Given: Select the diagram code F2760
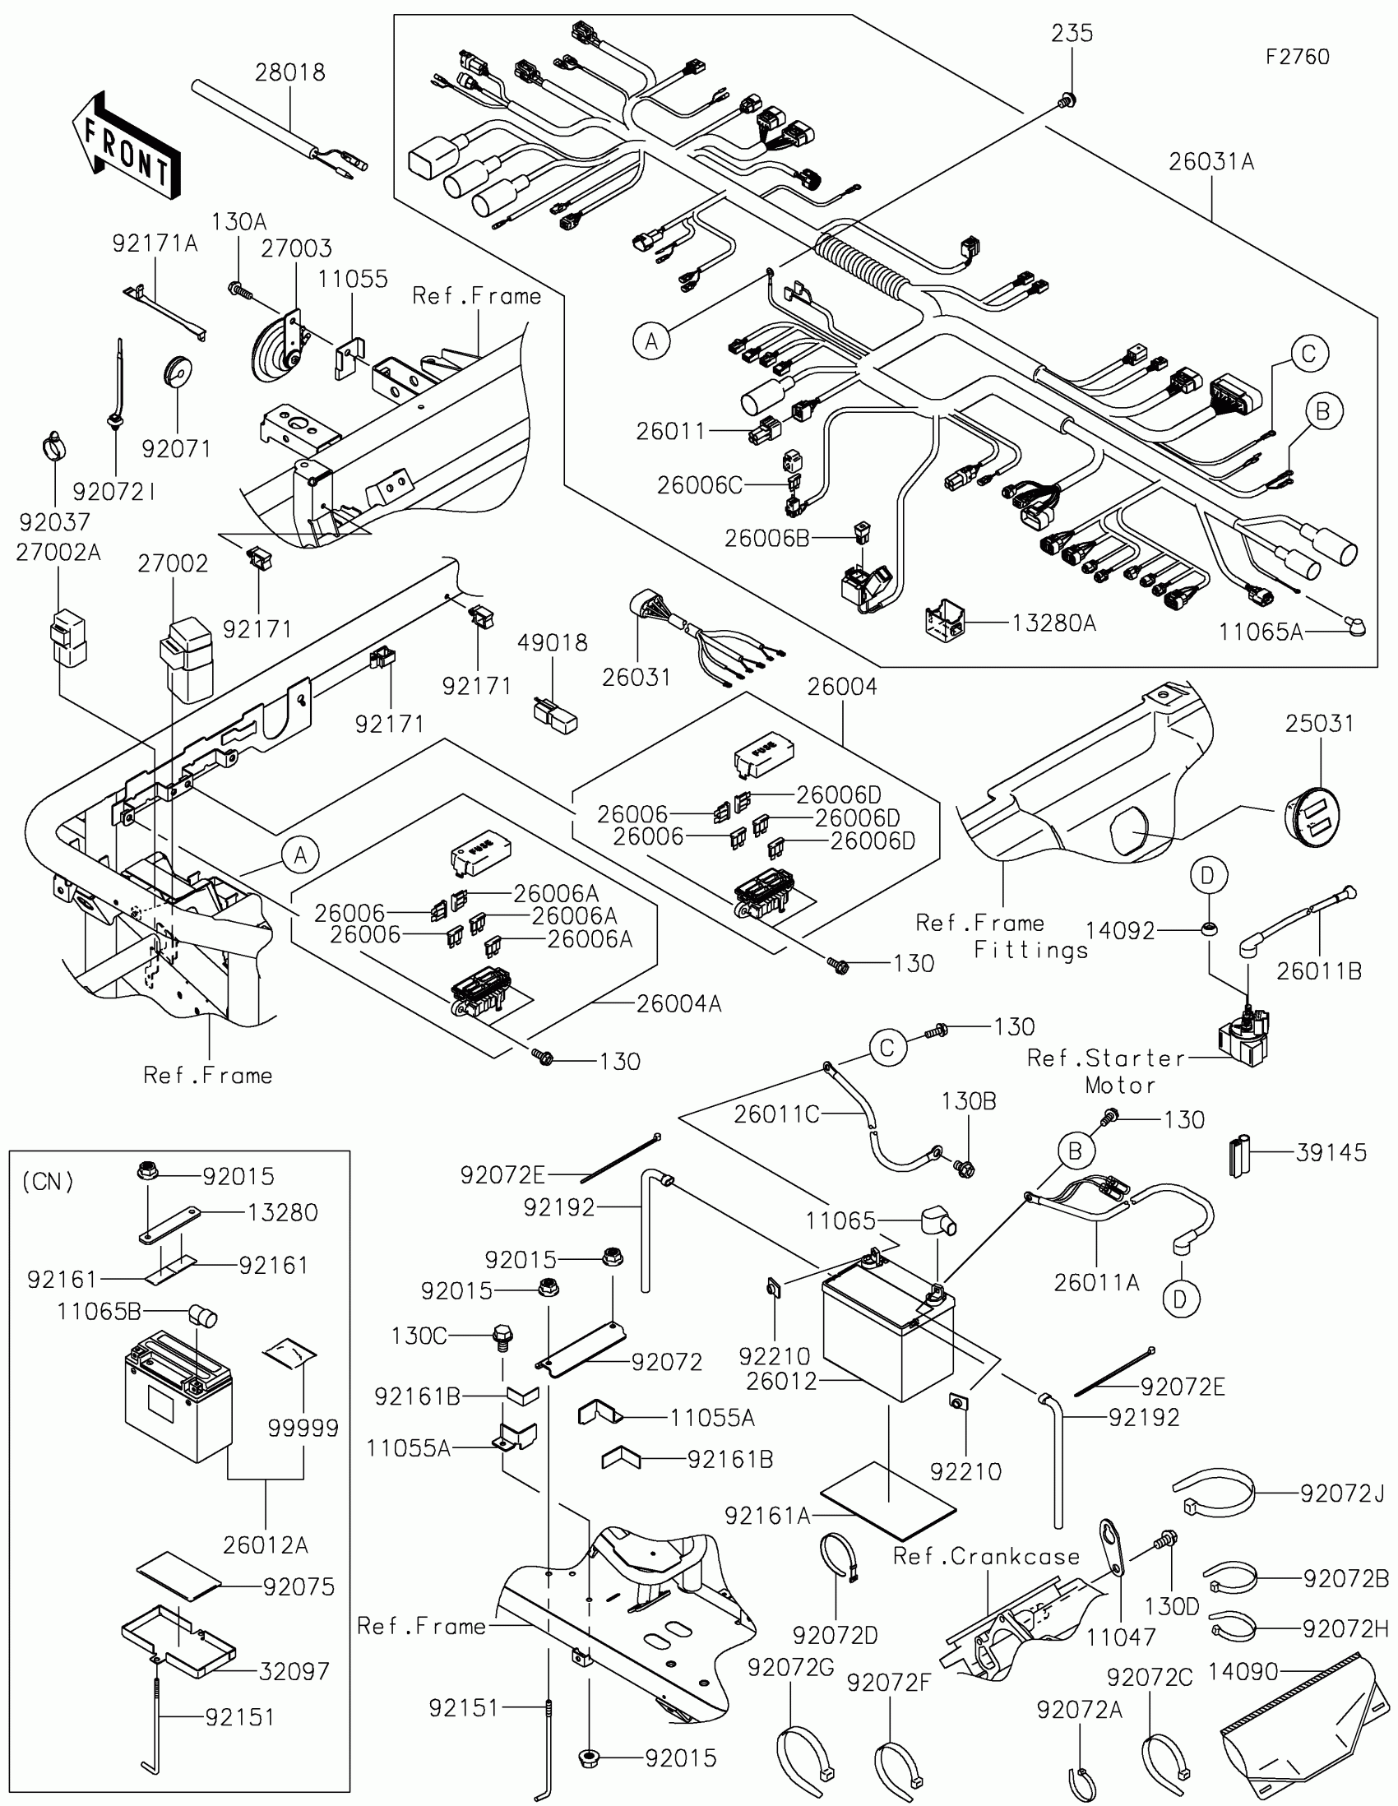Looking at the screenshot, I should tap(1297, 57).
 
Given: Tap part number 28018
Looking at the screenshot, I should tap(289, 72).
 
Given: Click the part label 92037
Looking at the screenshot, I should tap(54, 521).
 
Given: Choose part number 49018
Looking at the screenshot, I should tap(553, 642).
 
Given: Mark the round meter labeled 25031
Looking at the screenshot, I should tap(1311, 813).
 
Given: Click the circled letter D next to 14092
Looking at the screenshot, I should tap(1209, 875).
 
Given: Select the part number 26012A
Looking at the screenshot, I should tap(266, 1544).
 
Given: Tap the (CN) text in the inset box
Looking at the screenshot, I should tap(48, 1182).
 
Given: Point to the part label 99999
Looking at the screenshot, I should tap(303, 1428).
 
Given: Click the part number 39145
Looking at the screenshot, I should tap(1331, 1153).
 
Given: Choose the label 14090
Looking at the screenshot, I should tap(1243, 1672).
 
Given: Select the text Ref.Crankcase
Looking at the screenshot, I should tap(986, 1557).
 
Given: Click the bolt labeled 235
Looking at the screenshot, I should tap(1067, 101).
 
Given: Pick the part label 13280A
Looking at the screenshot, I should tap(1054, 623).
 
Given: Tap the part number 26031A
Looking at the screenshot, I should tap(1211, 162).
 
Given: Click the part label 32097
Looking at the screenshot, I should tap(294, 1671).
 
